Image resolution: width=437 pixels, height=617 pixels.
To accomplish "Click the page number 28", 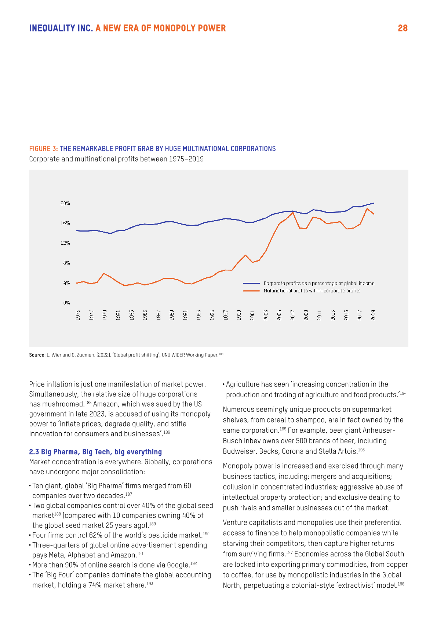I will (403, 28).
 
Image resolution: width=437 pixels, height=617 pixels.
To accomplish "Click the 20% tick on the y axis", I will (65, 203).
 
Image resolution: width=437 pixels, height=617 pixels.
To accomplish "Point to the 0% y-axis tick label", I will (66, 303).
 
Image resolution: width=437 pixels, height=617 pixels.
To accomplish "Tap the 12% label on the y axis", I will (65, 243).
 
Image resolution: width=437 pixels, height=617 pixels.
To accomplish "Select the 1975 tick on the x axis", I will (78, 315).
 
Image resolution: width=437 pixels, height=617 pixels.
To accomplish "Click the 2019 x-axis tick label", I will (373, 315).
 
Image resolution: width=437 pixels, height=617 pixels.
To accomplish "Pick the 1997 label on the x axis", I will (226, 315).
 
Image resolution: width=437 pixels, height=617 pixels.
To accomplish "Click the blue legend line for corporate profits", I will (251, 283).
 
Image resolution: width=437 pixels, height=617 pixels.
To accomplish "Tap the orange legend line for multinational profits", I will (251, 291).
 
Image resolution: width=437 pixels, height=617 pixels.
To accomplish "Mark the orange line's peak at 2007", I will (293, 213).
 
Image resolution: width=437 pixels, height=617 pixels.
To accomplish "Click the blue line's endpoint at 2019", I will (374, 203).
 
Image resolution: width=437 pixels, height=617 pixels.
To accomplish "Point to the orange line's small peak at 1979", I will (104, 273).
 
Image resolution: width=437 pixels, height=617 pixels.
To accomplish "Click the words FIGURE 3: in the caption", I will (43, 149).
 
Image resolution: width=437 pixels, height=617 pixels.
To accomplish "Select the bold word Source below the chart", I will (37, 355).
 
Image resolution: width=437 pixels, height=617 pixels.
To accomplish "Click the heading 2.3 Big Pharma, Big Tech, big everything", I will (95, 452).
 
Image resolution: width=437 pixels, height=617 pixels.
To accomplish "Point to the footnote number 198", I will (401, 584).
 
